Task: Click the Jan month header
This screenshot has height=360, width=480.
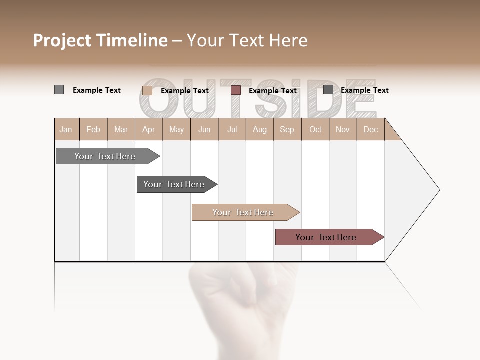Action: coord(66,129)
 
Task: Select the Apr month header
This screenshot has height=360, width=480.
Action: coord(148,129)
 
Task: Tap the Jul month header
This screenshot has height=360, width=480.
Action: coord(232,129)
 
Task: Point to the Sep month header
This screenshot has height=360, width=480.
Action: coord(287,129)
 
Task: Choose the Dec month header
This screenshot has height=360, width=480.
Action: coord(370,129)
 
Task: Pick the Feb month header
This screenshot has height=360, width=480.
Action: coord(93,129)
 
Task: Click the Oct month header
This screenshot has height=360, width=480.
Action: coord(315,129)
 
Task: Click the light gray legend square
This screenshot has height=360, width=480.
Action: coord(59,90)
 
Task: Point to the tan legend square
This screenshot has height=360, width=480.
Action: coord(147,90)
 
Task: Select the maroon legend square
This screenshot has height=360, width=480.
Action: coord(236,90)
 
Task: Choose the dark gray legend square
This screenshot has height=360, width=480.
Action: coord(328,90)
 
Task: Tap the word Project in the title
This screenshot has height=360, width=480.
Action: coord(61,40)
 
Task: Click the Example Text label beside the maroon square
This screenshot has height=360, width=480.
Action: coord(273,91)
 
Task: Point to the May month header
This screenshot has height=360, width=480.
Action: coord(176,129)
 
